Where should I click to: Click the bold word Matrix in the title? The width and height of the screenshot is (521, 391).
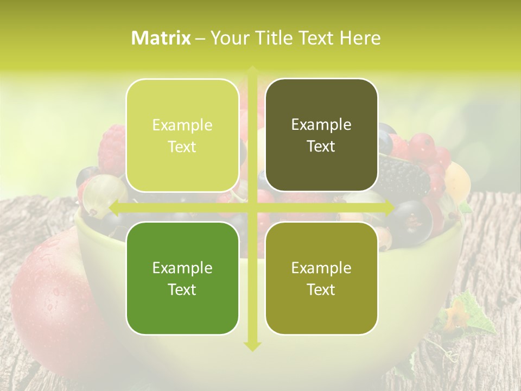pyautogui.click(x=161, y=38)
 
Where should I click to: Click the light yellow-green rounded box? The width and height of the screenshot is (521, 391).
pyautogui.click(x=182, y=136)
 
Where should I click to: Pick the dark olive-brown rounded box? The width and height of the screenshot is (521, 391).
pyautogui.click(x=321, y=136)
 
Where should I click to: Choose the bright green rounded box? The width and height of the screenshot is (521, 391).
pyautogui.click(x=182, y=278)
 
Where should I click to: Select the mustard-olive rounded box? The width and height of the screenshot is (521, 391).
pyautogui.click(x=321, y=278)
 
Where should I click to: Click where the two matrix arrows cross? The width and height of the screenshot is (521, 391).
pyautogui.click(x=252, y=207)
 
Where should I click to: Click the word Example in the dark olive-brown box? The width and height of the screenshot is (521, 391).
pyautogui.click(x=321, y=125)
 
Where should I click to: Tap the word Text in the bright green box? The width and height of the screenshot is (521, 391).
pyautogui.click(x=182, y=289)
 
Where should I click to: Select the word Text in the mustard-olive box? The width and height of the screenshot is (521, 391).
pyautogui.click(x=321, y=289)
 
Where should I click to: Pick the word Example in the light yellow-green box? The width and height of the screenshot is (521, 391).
pyautogui.click(x=182, y=125)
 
